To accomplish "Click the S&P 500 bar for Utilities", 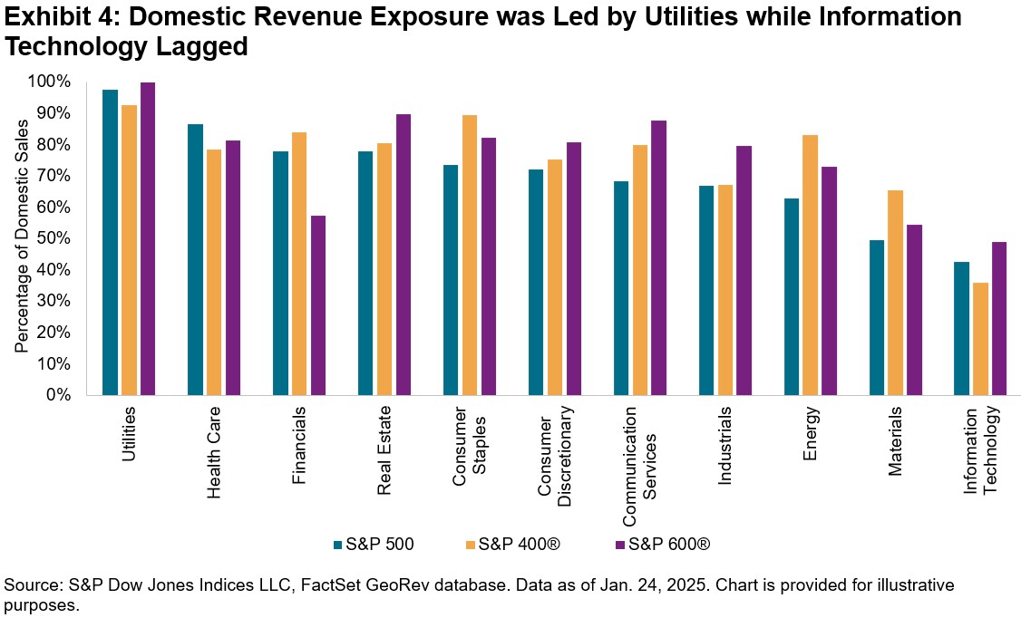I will [110, 242].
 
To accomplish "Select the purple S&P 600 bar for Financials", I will [317, 304].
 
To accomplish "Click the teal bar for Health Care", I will [195, 259].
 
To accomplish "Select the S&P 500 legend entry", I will [374, 544].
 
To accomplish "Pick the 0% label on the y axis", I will [58, 395].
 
